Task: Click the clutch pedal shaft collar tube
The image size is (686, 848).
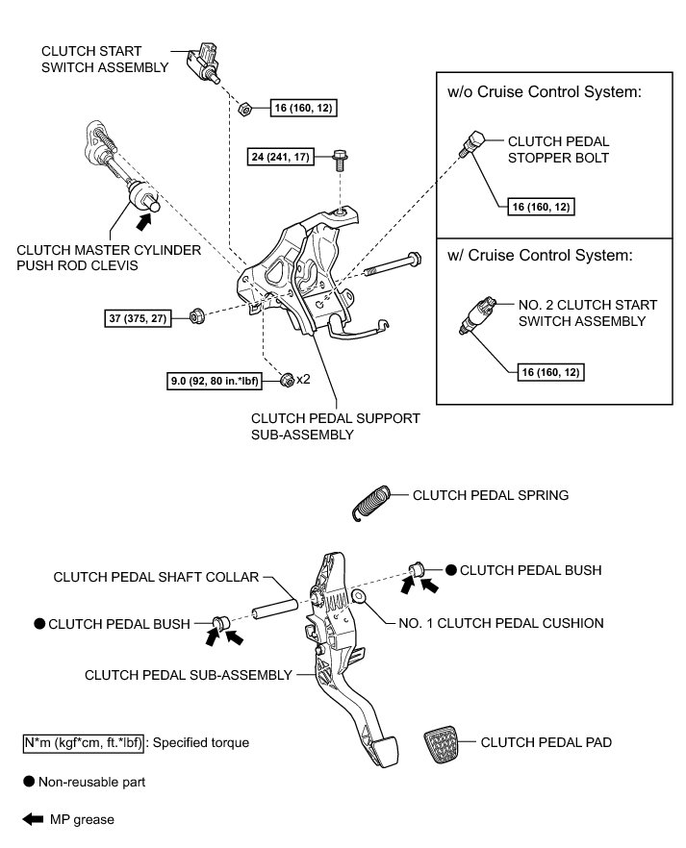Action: tap(271, 611)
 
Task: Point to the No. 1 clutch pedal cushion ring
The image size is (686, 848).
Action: tap(359, 599)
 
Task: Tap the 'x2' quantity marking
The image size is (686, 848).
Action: tap(302, 379)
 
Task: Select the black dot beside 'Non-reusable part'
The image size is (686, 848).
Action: tap(29, 782)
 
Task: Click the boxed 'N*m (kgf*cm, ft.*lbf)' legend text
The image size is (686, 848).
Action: tap(85, 742)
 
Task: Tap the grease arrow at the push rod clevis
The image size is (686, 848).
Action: tap(143, 221)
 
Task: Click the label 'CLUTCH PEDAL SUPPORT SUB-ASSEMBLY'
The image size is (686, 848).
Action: tap(335, 426)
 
